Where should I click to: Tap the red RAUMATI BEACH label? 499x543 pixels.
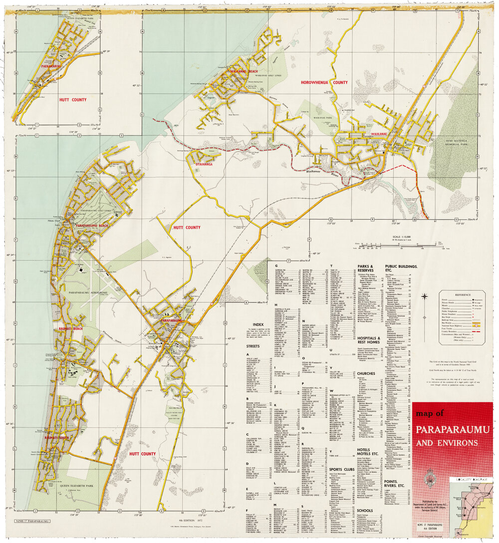tap(56, 329)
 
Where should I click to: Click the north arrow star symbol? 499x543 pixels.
tap(425, 297)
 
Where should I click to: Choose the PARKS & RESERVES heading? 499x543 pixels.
tap(368, 269)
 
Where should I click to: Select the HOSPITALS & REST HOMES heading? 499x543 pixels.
tap(369, 340)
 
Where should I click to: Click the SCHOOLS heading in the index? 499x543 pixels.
tap(365, 510)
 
